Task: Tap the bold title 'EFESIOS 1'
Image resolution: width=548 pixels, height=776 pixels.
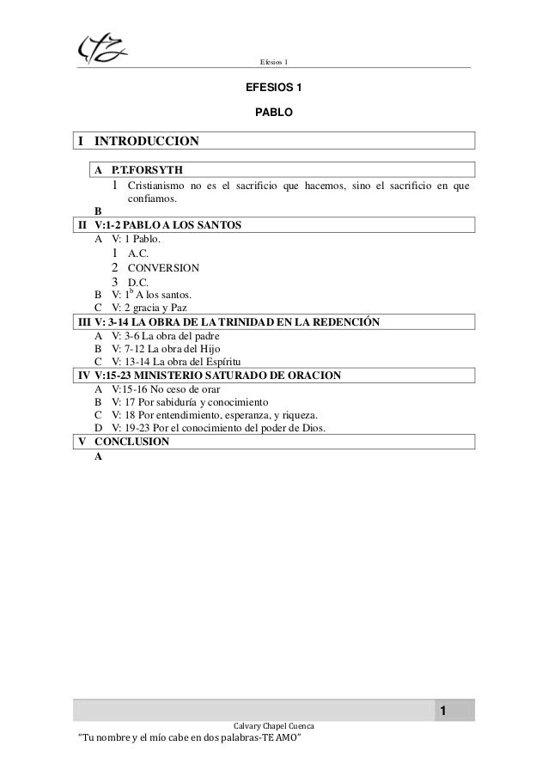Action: tap(274, 89)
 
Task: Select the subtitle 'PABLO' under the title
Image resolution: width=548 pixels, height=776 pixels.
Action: tap(274, 113)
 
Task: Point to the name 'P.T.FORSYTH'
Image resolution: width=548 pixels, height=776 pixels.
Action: tap(148, 168)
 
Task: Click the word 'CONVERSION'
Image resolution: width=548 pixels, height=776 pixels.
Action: tap(162, 267)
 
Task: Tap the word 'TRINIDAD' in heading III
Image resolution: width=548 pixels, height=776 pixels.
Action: tap(248, 322)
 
